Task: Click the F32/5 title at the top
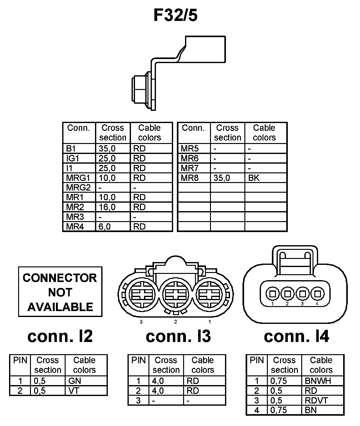(176, 15)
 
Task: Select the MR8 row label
(190, 178)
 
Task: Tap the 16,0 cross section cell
(107, 207)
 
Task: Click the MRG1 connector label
(78, 178)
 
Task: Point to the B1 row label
(71, 149)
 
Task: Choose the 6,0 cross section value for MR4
(105, 226)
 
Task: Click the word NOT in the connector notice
(60, 293)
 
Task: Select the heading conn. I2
(60, 336)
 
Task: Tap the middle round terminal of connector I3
(175, 295)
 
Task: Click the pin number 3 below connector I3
(141, 322)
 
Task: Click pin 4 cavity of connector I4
(318, 294)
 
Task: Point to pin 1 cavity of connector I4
(273, 294)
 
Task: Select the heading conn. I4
(297, 336)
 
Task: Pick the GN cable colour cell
(74, 381)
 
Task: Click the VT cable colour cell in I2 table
(74, 391)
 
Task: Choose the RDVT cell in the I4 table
(316, 400)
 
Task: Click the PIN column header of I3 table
(138, 360)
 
